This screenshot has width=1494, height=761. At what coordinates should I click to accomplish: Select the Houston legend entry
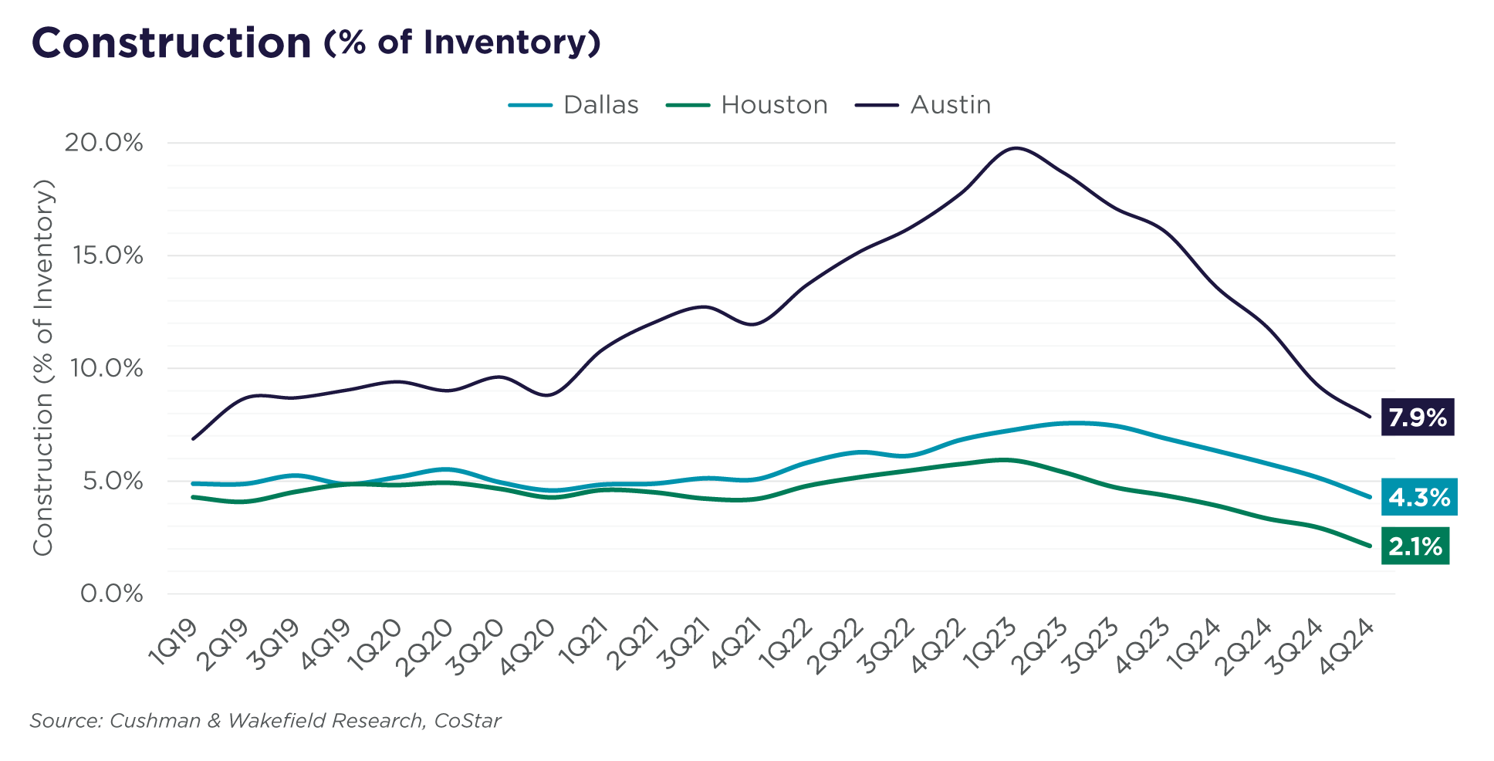click(x=747, y=105)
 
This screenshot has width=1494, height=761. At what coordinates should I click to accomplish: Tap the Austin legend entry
click(x=924, y=105)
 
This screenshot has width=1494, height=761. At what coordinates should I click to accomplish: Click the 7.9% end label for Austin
click(x=1417, y=418)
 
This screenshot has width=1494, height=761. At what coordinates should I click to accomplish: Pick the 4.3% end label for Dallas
click(x=1418, y=498)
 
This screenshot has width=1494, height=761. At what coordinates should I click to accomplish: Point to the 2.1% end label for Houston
click(x=1415, y=546)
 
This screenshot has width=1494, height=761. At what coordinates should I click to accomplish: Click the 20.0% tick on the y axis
click(x=104, y=143)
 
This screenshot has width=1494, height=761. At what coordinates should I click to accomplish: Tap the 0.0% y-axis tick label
click(x=112, y=594)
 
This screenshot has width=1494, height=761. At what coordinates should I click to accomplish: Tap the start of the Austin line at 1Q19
click(x=192, y=438)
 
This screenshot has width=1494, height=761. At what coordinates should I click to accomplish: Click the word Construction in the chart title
click(x=171, y=43)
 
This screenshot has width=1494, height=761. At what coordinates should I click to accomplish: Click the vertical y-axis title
click(x=43, y=367)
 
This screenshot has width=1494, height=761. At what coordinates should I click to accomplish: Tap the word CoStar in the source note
click(x=468, y=721)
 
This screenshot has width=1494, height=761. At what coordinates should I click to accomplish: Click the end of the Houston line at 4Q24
click(x=1370, y=546)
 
